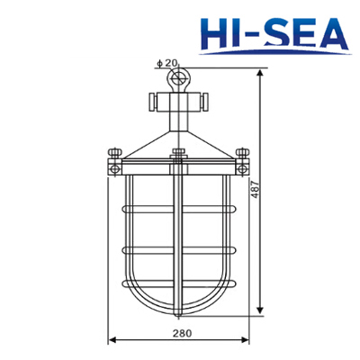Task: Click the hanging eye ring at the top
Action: (178, 80)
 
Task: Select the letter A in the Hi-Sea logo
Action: (330, 32)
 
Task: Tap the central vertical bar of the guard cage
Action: (178, 243)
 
